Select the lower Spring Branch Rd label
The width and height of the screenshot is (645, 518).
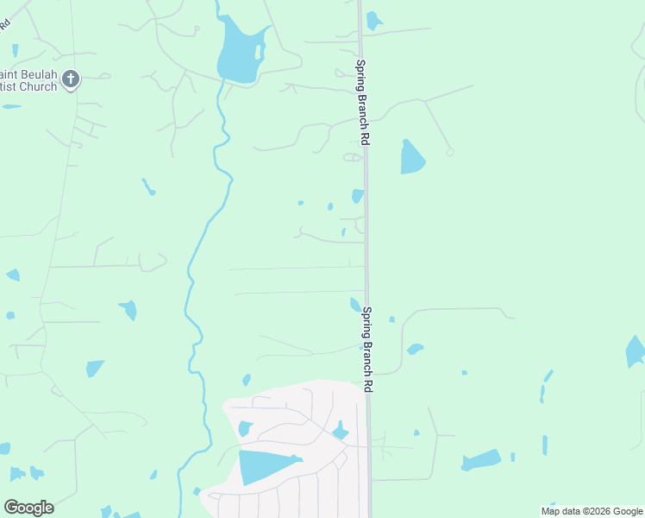point(367,350)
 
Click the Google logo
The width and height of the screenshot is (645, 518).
point(28,508)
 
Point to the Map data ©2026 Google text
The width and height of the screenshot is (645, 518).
point(592,511)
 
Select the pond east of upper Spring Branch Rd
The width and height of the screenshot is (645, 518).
point(411,157)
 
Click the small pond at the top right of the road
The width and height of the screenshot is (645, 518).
point(373,20)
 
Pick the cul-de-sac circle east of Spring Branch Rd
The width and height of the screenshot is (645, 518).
point(450,152)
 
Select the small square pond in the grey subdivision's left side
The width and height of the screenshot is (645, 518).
point(245,428)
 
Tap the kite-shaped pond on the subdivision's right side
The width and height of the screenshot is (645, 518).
point(341,431)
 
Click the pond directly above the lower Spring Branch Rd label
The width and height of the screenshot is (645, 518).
point(355,304)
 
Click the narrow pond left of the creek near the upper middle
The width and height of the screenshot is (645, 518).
point(148,186)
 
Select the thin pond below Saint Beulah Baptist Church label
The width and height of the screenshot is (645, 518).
point(12,106)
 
